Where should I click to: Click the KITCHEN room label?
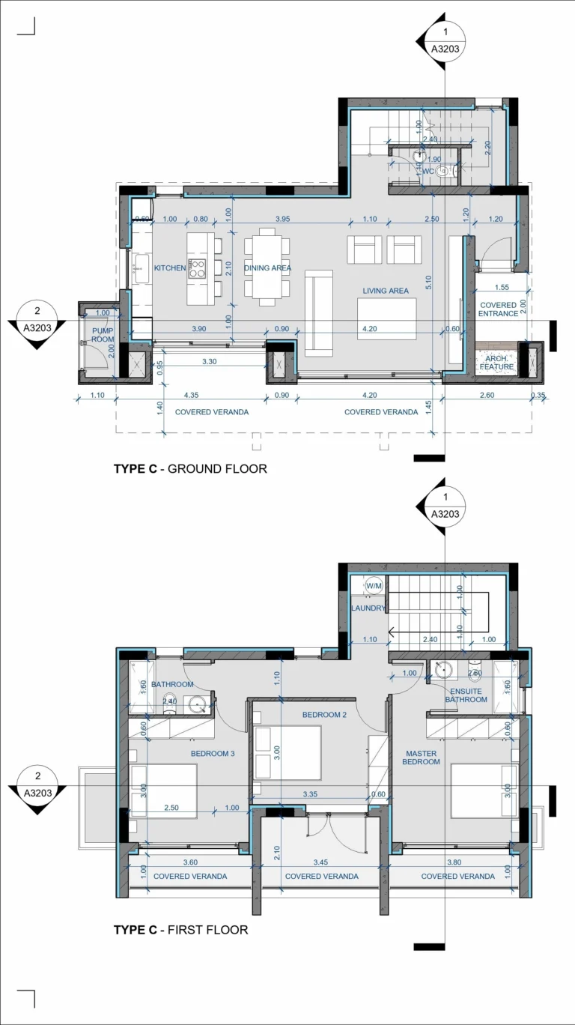170,268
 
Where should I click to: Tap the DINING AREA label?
267,268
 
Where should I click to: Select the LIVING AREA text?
386,291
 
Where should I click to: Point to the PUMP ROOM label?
102,335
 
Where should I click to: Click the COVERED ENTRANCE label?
499,309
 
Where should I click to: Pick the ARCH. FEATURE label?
497,363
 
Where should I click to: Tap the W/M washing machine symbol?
373,586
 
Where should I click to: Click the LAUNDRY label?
368,608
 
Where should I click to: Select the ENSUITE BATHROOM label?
466,695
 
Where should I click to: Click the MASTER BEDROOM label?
421,758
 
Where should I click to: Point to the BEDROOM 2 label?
325,715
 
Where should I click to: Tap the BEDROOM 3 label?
213,754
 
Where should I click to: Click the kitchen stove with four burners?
197,268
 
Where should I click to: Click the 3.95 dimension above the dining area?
282,219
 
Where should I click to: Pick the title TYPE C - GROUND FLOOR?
190,469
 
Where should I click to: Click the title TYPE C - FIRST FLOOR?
180,930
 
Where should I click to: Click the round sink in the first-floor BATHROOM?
198,704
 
